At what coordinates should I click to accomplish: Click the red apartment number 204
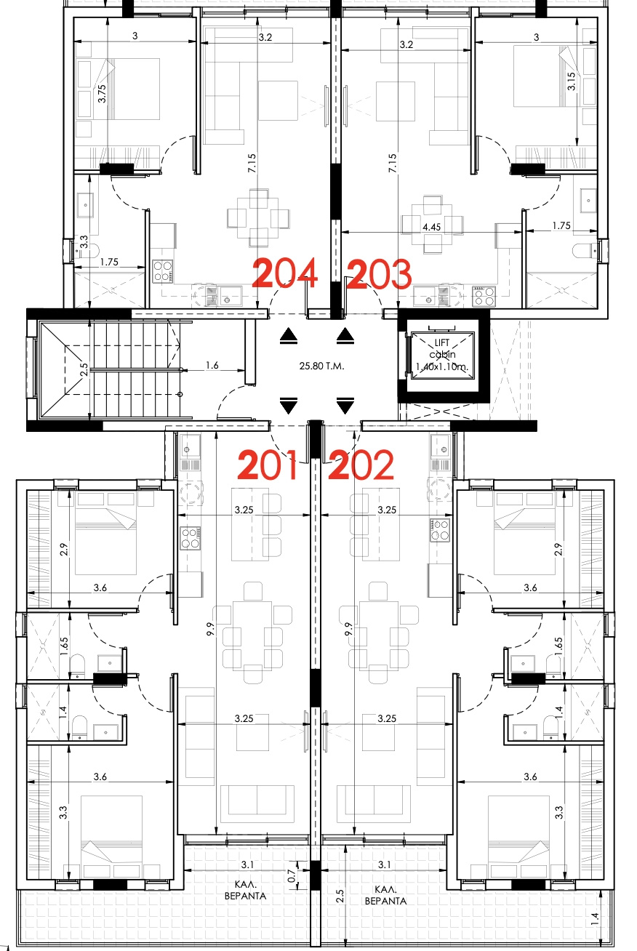click(285, 273)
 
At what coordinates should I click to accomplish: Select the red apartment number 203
click(380, 274)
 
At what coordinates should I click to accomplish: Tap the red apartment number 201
click(268, 465)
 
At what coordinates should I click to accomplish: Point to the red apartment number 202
click(361, 465)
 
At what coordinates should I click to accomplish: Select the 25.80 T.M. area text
click(321, 366)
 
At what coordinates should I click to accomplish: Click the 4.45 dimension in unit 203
click(431, 227)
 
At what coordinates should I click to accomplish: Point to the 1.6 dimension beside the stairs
click(212, 365)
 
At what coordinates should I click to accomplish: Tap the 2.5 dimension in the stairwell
click(84, 369)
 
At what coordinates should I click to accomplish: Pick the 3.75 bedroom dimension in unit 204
click(102, 93)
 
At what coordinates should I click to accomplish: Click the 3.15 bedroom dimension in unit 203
click(572, 81)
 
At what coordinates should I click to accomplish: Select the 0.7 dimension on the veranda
click(292, 876)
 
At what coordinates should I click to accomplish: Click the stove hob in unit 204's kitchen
click(163, 271)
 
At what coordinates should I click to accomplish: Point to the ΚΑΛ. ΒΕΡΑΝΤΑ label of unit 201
click(246, 891)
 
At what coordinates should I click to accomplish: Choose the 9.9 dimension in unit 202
click(348, 629)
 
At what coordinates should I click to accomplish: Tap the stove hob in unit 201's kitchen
click(191, 537)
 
